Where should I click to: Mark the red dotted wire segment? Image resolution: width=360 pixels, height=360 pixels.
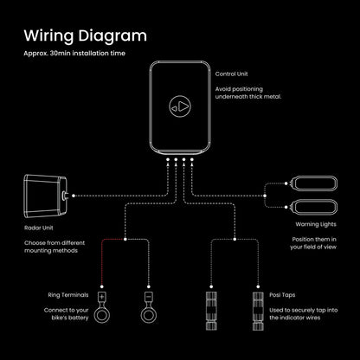[x=102, y=260]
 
